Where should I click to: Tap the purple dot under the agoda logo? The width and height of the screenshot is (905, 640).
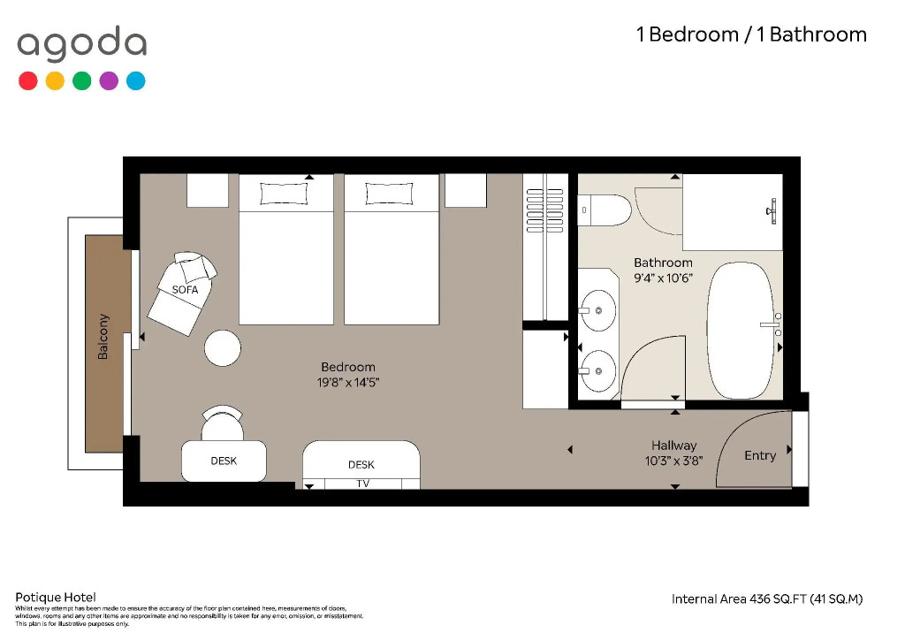(109, 80)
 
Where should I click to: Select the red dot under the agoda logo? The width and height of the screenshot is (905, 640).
(27, 80)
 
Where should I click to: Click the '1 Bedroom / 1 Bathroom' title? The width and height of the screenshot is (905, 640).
(751, 34)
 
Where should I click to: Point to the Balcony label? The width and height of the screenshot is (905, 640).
(103, 337)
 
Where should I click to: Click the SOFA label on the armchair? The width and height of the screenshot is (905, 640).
(185, 290)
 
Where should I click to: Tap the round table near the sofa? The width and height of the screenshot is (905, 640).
(222, 348)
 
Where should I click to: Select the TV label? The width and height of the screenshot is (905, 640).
(363, 484)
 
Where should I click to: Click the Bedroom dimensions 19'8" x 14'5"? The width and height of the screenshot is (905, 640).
(348, 382)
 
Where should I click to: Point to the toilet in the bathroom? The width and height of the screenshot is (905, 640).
(605, 210)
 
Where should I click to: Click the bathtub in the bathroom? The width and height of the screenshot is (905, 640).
(741, 331)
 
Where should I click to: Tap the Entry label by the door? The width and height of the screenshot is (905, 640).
(760, 455)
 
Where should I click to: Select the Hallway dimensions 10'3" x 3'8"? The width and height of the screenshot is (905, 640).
(673, 461)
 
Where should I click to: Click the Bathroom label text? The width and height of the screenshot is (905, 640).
(663, 263)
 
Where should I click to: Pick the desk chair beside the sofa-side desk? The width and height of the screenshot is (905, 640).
(222, 423)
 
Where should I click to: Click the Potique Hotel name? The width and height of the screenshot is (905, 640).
(56, 598)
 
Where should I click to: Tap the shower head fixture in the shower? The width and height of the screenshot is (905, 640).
(772, 211)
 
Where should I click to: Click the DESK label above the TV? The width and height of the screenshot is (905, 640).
(361, 465)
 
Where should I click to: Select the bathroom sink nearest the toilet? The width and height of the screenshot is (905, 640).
(598, 310)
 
